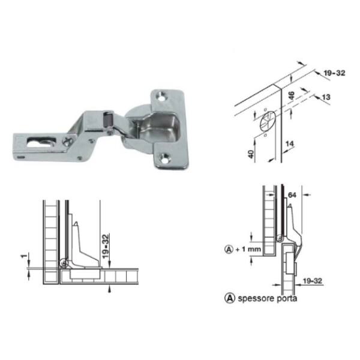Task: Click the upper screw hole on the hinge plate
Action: coord(162,95)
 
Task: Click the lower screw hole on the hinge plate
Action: coord(165,158)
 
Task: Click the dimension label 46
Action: coord(291,95)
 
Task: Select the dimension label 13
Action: coord(326,97)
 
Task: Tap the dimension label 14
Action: coord(290,144)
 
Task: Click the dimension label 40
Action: coord(251,154)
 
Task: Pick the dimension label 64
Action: coord(292,195)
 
